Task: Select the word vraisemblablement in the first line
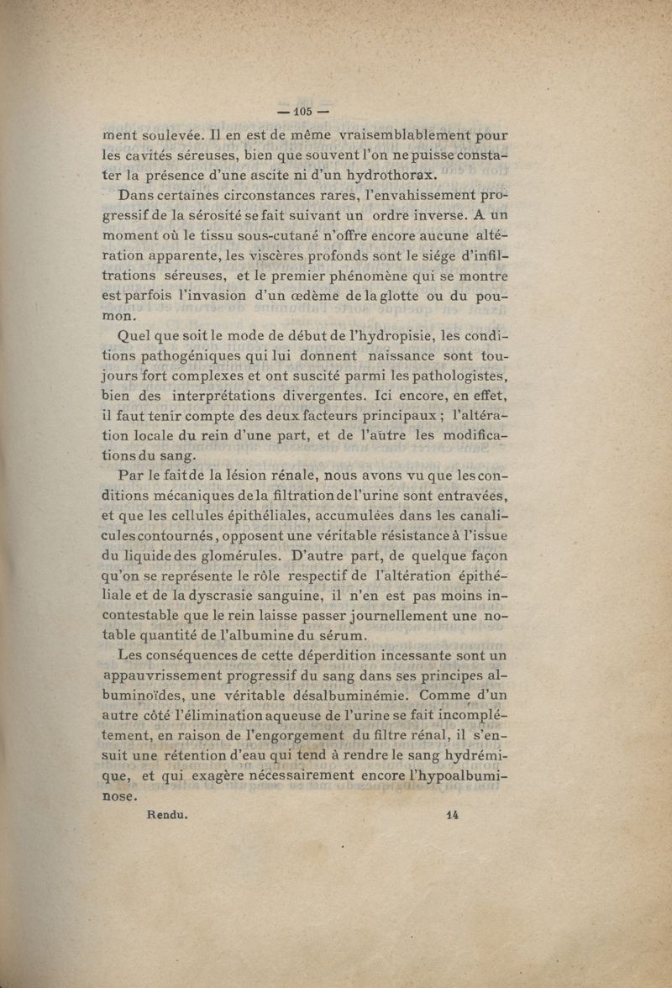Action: (412, 134)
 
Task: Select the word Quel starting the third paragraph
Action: (136, 338)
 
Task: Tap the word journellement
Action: (366, 617)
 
